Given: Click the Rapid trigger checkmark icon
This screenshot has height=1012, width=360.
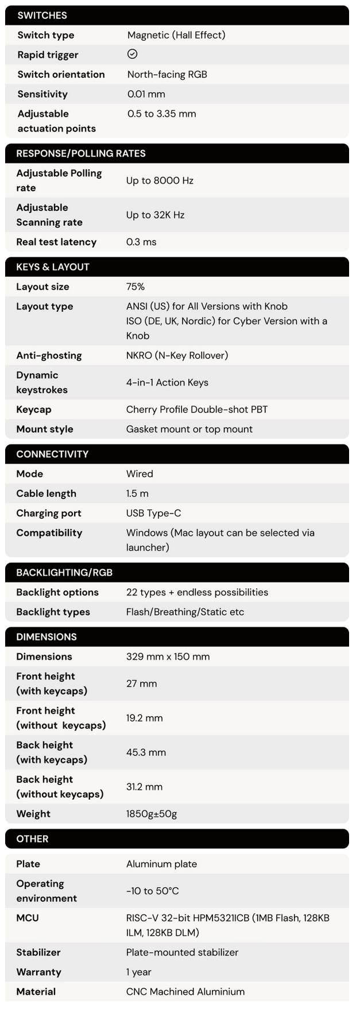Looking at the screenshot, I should (x=132, y=54).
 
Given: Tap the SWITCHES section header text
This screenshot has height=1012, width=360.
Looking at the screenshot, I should (x=42, y=16).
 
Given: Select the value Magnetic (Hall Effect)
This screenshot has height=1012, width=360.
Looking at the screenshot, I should (x=176, y=35).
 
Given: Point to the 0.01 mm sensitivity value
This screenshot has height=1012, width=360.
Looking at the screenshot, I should (x=146, y=94).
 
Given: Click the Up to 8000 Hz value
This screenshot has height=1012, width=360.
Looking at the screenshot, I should (x=160, y=180).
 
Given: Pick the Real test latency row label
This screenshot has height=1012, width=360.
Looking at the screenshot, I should (x=56, y=242).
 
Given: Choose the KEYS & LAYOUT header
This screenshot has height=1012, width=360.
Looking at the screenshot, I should (x=53, y=267).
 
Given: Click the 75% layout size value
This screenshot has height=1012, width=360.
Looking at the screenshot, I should (x=136, y=287).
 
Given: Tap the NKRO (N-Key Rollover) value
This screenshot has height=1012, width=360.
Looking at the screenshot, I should (x=177, y=356).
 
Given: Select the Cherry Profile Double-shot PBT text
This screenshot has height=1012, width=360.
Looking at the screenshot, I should (x=197, y=410).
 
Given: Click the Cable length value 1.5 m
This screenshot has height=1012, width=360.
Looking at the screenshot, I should (x=137, y=493).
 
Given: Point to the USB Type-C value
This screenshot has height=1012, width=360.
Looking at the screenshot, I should (x=153, y=513).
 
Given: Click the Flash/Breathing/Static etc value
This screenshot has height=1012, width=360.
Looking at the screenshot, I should (x=185, y=612).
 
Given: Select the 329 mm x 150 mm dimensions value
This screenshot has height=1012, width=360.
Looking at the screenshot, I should (x=168, y=656).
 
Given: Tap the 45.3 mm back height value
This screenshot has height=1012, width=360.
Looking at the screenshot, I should (x=146, y=752).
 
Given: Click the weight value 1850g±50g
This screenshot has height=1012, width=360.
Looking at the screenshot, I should (x=152, y=814).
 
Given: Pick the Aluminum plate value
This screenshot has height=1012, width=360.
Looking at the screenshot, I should (x=161, y=864).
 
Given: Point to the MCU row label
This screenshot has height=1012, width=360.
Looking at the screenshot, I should (x=28, y=918).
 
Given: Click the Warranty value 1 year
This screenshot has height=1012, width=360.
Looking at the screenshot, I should (x=139, y=972).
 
